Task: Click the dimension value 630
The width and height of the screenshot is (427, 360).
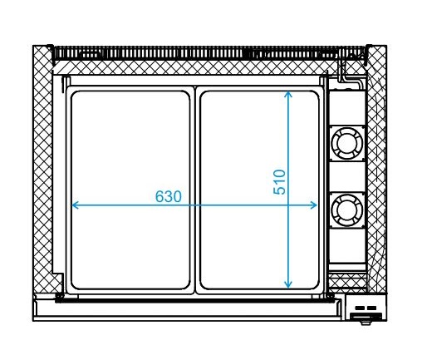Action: click(x=169, y=196)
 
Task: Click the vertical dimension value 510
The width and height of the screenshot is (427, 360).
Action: click(x=279, y=182)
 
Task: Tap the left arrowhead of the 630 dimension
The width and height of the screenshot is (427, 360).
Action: click(x=75, y=205)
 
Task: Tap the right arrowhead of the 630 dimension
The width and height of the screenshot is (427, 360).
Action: click(x=314, y=205)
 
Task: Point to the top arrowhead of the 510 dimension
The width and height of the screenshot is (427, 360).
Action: click(x=288, y=95)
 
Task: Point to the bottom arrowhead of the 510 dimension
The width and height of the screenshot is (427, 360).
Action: click(x=288, y=284)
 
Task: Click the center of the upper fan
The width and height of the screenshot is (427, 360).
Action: click(x=347, y=143)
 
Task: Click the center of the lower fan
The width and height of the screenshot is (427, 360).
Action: click(x=347, y=210)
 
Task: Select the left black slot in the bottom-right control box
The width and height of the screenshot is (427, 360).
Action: click(x=360, y=308)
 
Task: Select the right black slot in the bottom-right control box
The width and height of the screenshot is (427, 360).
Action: click(x=371, y=308)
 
